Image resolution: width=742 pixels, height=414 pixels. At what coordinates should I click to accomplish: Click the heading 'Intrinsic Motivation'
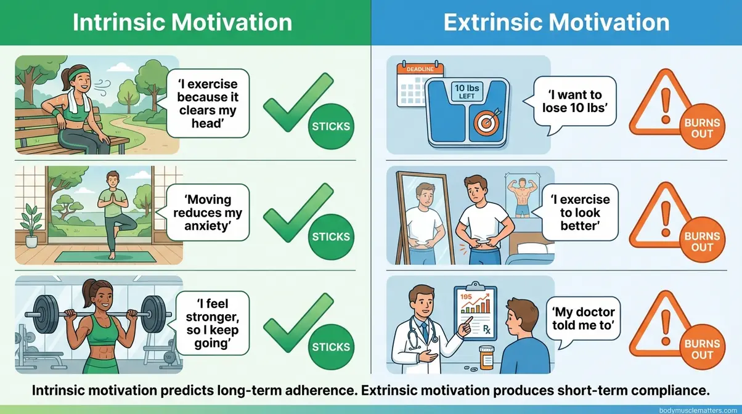pyautogui.click(x=182, y=22)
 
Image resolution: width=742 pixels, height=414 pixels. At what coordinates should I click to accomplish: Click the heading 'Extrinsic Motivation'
pyautogui.click(x=556, y=22)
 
